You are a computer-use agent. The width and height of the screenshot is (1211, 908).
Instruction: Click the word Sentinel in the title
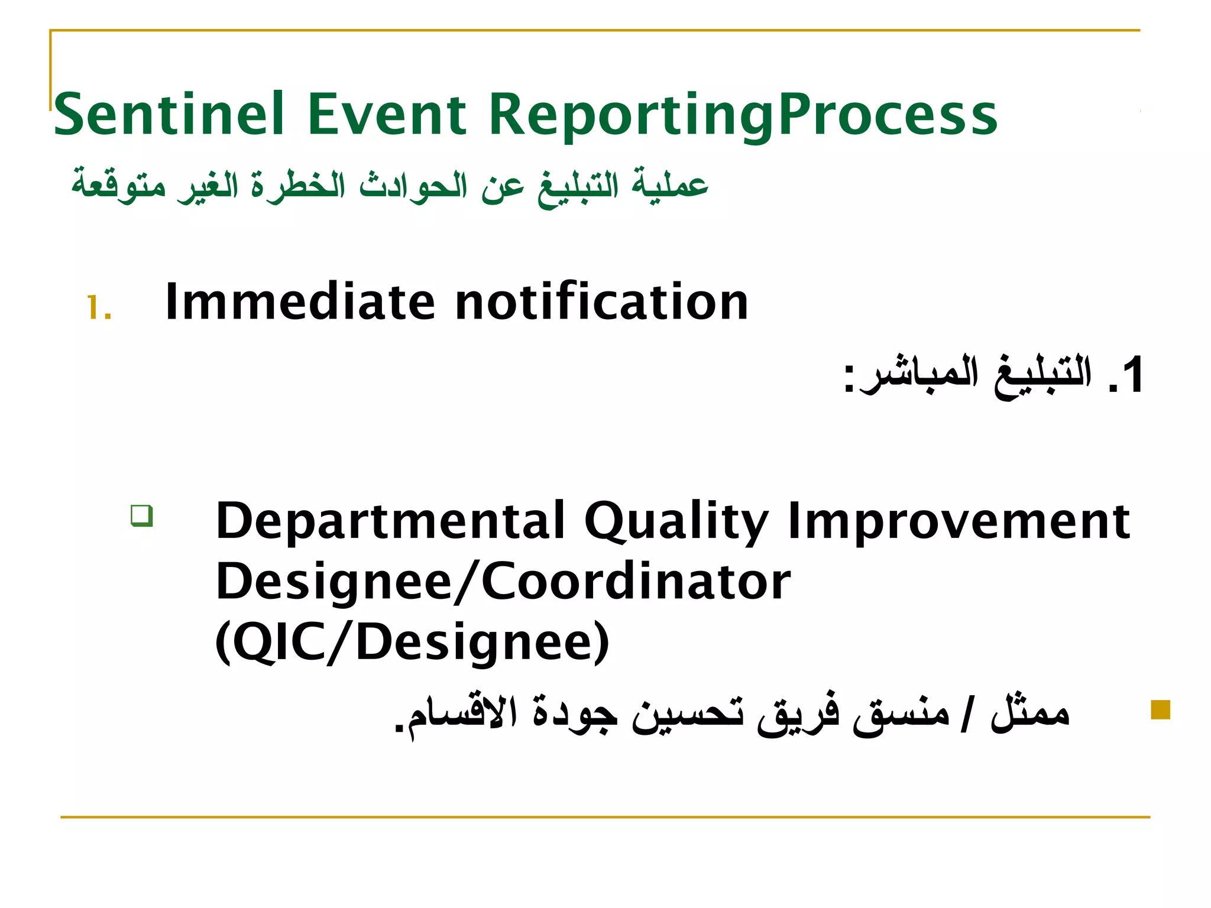pos(169,115)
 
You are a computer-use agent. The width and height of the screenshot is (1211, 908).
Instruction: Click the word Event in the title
pos(387,115)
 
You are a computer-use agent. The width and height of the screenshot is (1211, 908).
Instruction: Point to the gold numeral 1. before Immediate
pos(99,308)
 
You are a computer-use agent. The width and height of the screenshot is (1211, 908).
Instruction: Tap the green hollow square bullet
pos(142,515)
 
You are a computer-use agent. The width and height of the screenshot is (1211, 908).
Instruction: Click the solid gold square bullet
pos(1160,709)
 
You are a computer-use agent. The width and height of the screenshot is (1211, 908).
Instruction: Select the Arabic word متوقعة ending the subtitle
pos(118,184)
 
